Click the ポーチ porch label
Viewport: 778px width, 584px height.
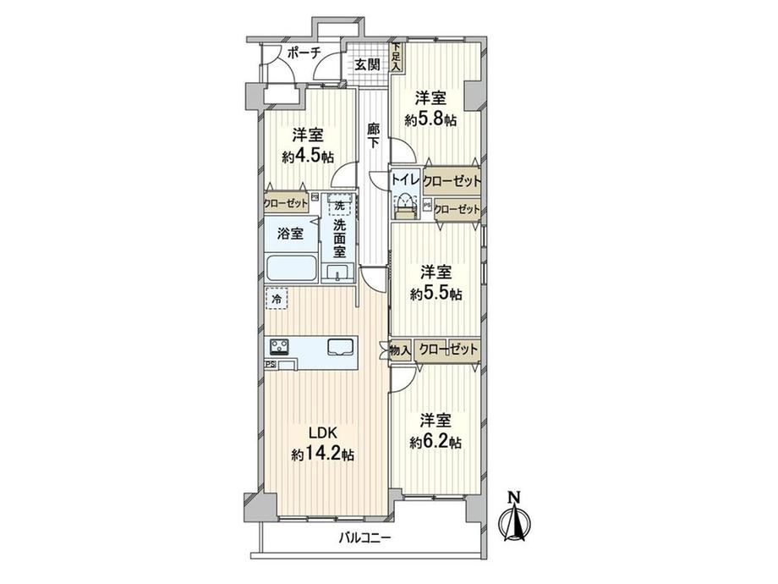click(x=304, y=52)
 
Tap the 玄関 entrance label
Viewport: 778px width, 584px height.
click(x=367, y=64)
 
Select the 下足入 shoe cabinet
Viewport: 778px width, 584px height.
click(x=396, y=57)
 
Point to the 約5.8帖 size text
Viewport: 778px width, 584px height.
click(x=430, y=119)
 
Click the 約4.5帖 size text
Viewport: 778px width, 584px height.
click(x=308, y=157)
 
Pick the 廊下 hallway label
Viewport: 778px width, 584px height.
click(x=374, y=135)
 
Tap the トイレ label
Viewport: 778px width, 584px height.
click(x=406, y=179)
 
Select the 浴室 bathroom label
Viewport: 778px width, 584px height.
click(x=290, y=234)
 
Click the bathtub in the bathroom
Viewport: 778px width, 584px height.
click(x=291, y=269)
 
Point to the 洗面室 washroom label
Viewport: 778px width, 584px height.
click(x=339, y=239)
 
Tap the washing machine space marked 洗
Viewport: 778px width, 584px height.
click(x=339, y=205)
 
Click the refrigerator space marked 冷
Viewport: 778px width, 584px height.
click(x=277, y=299)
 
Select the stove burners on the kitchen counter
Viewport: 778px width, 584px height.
click(x=279, y=346)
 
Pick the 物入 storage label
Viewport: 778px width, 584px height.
click(x=400, y=350)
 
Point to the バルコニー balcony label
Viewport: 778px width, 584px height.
click(x=365, y=537)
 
